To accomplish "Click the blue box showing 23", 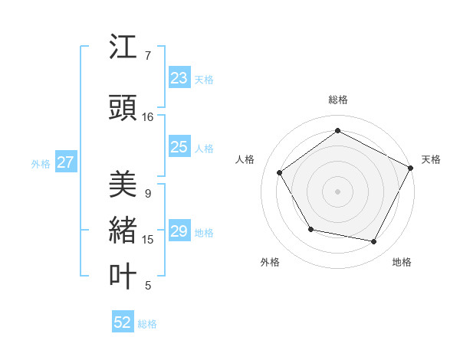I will coord(179,78).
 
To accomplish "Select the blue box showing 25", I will coord(179,148).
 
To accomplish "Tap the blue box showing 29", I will coord(179,232).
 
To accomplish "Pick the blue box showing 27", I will coord(66,162).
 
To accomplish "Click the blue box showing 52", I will coord(123,323).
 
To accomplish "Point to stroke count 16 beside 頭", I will coord(148,117).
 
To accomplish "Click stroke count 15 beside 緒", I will coord(148,240).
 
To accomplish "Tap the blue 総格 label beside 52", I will coord(147,324).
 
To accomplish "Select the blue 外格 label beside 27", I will coord(41,163).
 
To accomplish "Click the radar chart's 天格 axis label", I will coord(431,159).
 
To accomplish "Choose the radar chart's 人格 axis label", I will coord(245,159).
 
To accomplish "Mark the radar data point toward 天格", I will coord(412,168).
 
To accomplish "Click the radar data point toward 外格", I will coord(310,229).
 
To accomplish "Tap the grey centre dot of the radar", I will coord(337,191).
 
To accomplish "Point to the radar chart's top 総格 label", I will coord(338,100).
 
